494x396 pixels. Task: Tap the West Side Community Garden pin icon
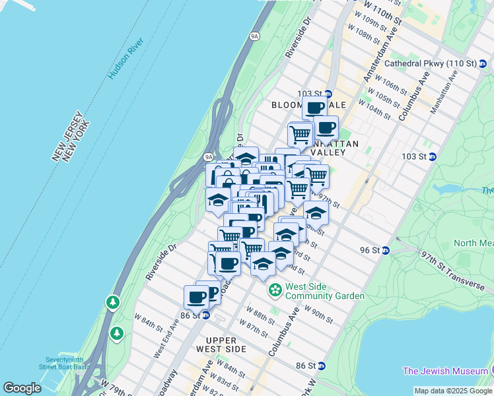[x=274, y=290]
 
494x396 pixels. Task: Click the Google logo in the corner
[x=22, y=388]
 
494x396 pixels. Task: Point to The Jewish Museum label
[x=448, y=371]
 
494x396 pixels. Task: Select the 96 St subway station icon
[x=385, y=250]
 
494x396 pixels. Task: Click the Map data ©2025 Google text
[x=452, y=391]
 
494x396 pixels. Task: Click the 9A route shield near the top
[x=254, y=36]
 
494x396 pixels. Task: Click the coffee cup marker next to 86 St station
[x=197, y=297]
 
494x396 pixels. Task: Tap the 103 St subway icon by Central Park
[x=433, y=156]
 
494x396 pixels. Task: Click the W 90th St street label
[x=318, y=315]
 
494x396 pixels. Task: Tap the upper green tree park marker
[x=113, y=303]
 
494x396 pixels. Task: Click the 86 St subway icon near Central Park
[x=321, y=366]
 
